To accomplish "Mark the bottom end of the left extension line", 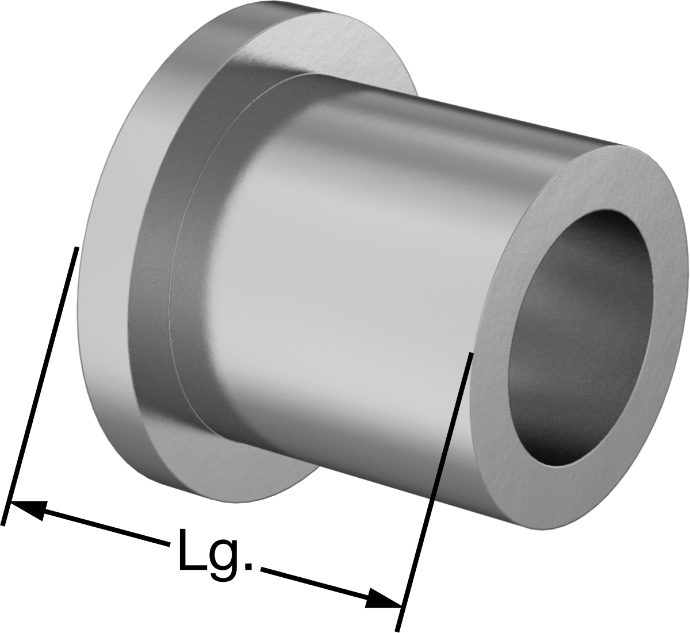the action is coord(3,525).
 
